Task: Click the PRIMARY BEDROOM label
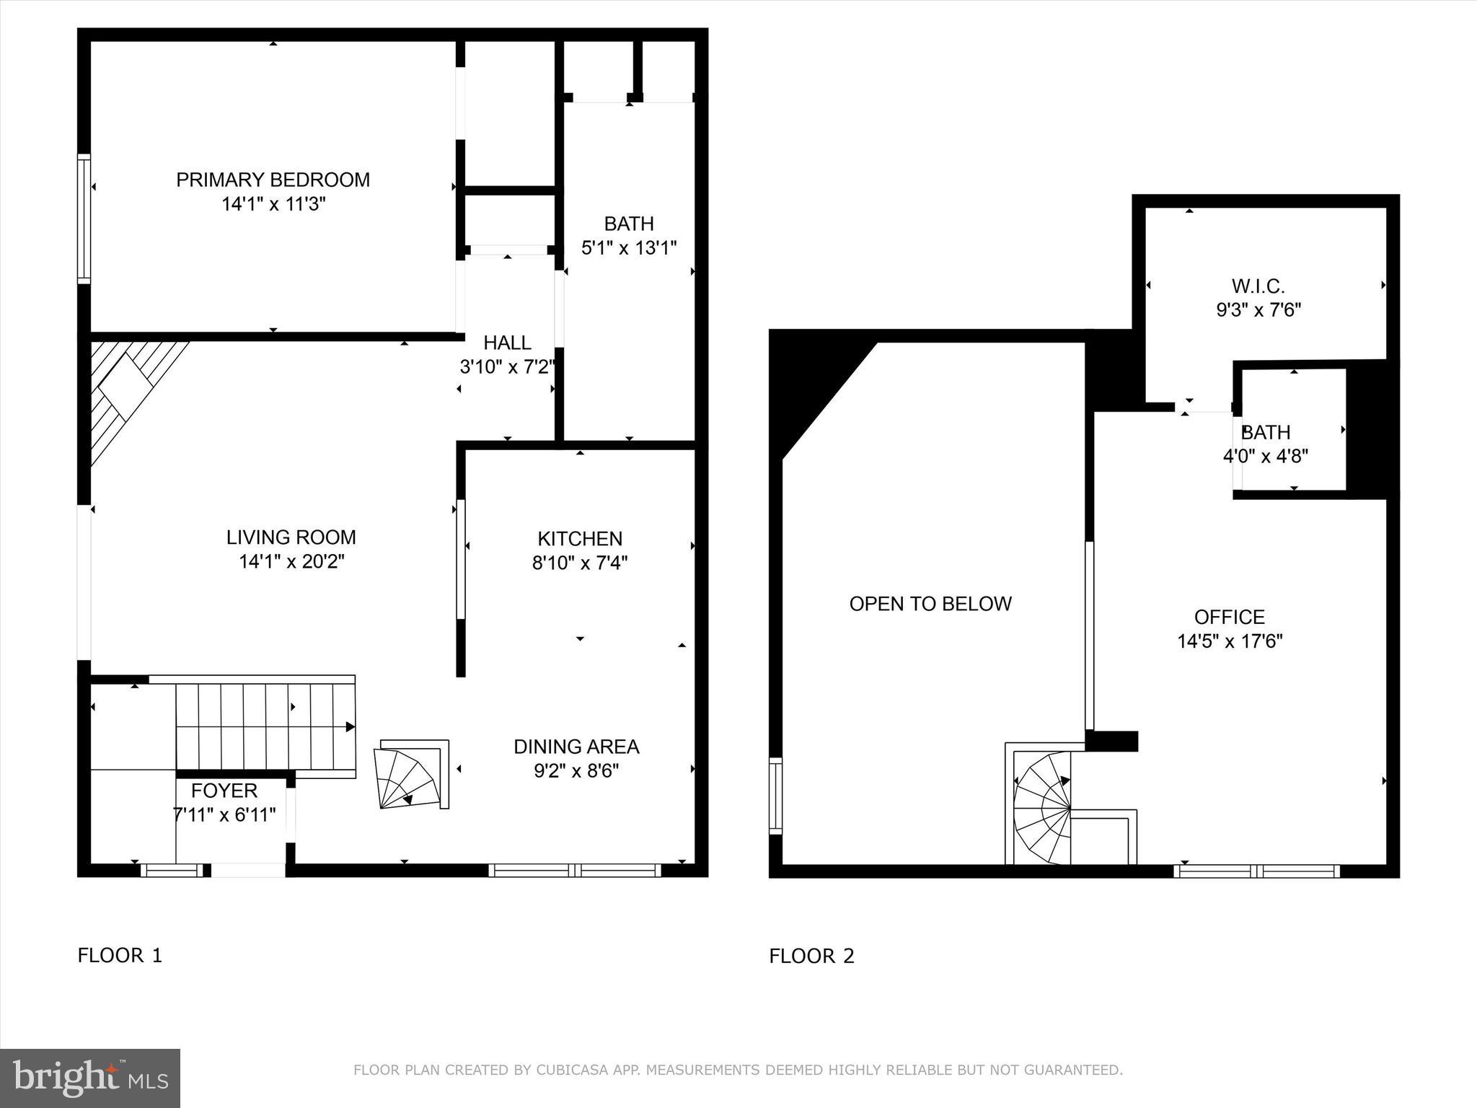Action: click(273, 180)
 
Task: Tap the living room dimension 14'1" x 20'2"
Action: click(291, 562)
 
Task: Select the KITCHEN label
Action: click(580, 539)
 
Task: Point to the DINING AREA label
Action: click(576, 747)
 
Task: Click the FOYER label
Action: click(224, 791)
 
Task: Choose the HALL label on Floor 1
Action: click(507, 343)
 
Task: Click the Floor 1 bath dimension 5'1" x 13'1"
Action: click(629, 248)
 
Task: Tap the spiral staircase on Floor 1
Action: click(410, 775)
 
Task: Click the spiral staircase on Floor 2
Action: click(1042, 808)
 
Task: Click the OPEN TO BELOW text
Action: click(930, 604)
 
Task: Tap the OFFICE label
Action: click(1230, 617)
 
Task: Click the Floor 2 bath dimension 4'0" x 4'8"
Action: click(1266, 456)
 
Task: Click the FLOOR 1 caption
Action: click(120, 956)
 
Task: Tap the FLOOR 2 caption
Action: click(811, 957)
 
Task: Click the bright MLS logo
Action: click(89, 1078)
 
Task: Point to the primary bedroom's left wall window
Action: click(84, 218)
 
